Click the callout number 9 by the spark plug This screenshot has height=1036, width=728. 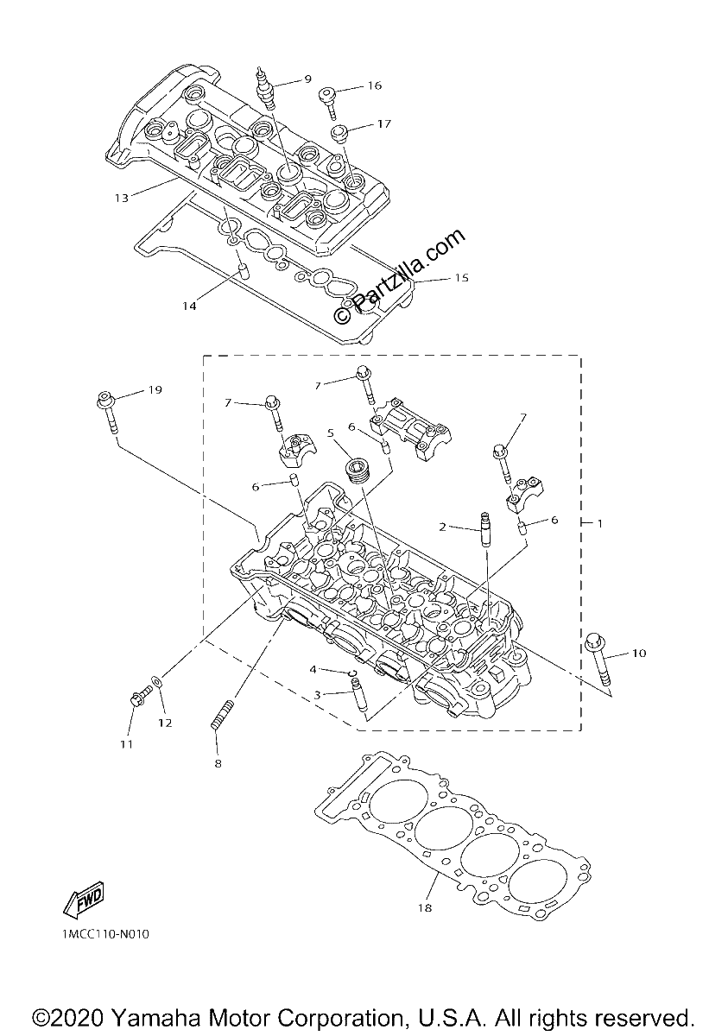point(308,79)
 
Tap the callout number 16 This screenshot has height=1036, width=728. point(375,85)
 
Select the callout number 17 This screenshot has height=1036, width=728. point(384,124)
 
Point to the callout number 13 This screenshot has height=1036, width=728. point(122,199)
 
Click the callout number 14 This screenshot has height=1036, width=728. point(190,306)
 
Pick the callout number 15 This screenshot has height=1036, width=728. point(462,277)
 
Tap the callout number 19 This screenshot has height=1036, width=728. point(155,390)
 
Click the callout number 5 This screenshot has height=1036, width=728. point(330,433)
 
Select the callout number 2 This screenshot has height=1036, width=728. point(443,527)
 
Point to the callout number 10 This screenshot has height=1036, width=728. point(639,653)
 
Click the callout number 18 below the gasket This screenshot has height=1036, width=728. point(425,908)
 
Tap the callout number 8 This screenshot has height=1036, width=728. point(218,763)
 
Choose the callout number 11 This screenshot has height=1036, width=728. point(127,744)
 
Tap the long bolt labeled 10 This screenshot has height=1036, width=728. point(598,659)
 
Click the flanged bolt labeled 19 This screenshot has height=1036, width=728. point(106,413)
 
